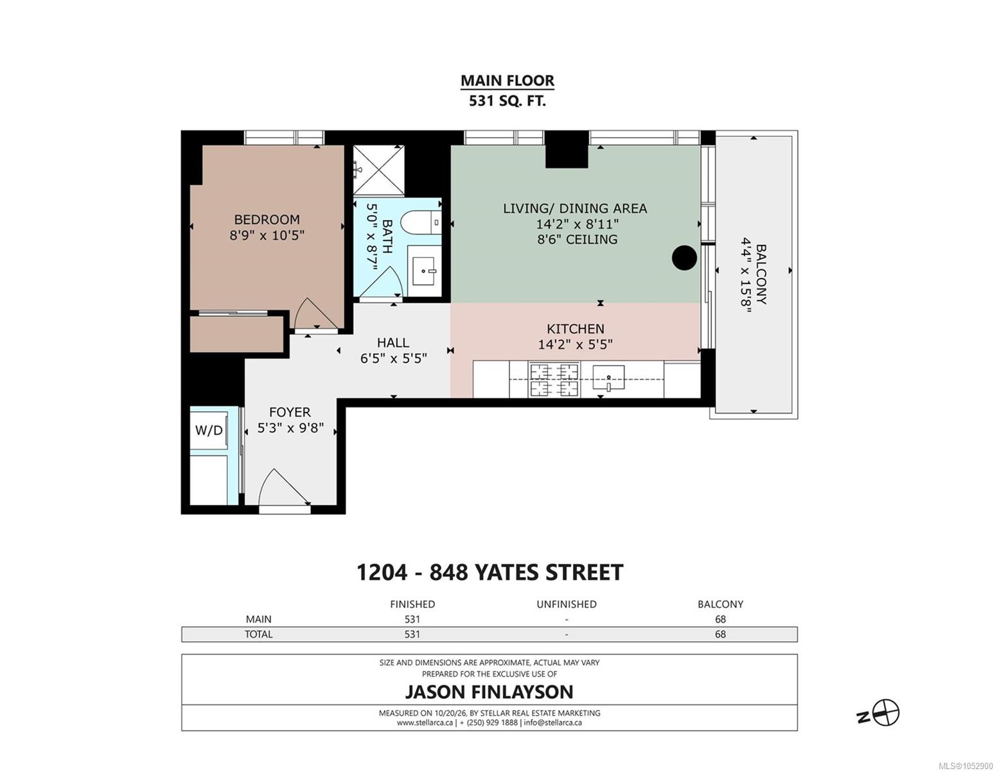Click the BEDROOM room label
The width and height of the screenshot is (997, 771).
[x=267, y=219]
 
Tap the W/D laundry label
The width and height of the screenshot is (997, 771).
[x=209, y=430]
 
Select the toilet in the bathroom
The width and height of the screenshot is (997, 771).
[x=420, y=223]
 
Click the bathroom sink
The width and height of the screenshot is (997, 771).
[x=424, y=270]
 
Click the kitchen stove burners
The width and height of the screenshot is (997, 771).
[x=554, y=379]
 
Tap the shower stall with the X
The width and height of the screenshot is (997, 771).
[x=378, y=170]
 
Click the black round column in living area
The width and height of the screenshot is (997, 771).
[x=684, y=258]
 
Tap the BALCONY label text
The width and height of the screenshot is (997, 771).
[x=761, y=274]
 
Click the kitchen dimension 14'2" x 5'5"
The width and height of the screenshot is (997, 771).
[x=576, y=344]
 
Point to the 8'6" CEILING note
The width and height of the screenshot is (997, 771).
[x=577, y=239]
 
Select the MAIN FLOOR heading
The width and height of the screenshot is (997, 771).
[x=507, y=81]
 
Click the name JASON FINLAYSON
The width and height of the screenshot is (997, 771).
[x=489, y=692]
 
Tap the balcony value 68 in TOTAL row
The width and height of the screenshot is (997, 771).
[x=720, y=634]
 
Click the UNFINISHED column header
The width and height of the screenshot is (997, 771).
[x=567, y=605]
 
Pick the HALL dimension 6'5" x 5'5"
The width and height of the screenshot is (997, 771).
[x=394, y=359]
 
